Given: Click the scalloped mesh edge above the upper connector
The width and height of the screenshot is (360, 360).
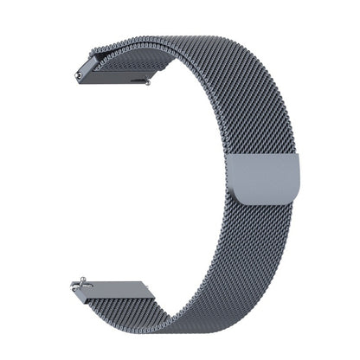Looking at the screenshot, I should click(x=130, y=43).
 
